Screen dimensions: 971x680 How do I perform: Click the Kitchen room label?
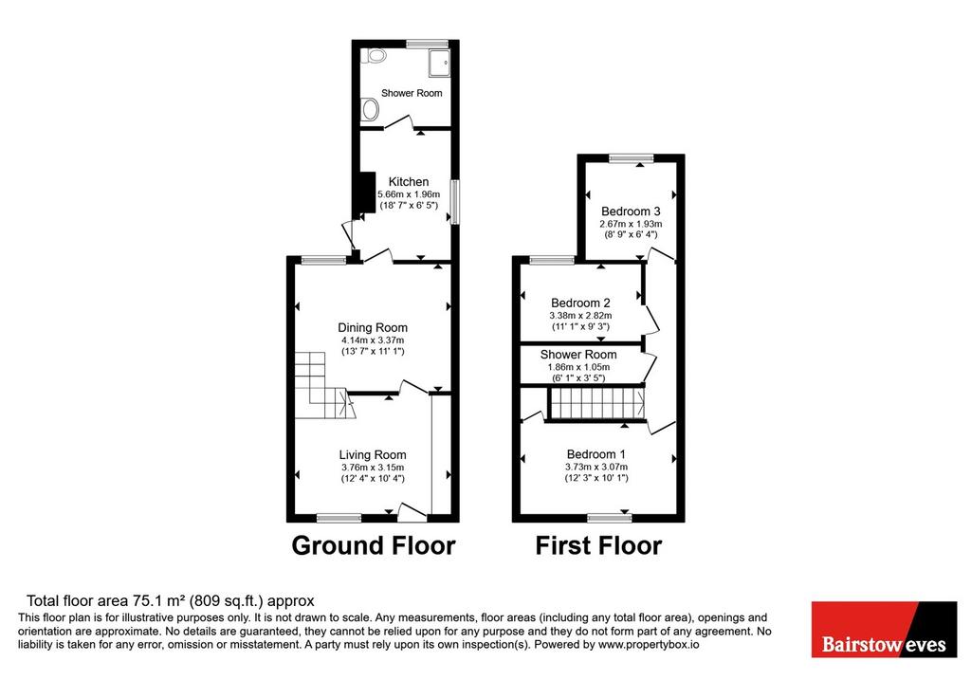pyautogui.click(x=408, y=181)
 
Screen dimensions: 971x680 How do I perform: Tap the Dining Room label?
pyautogui.click(x=373, y=327)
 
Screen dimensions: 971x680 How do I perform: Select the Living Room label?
pyautogui.click(x=373, y=454)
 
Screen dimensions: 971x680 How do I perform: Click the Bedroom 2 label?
pyautogui.click(x=580, y=303)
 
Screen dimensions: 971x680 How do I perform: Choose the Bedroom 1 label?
pyautogui.click(x=595, y=454)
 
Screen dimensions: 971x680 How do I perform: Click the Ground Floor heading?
pyautogui.click(x=374, y=545)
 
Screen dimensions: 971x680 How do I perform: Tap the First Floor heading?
pyautogui.click(x=599, y=545)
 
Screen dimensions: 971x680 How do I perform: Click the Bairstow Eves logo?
pyautogui.click(x=884, y=629)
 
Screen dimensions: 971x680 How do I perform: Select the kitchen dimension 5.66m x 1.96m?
pyautogui.click(x=409, y=193)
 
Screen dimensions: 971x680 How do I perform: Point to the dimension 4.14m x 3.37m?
pyautogui.click(x=373, y=340)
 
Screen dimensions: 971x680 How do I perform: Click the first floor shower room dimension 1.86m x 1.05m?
pyautogui.click(x=578, y=367)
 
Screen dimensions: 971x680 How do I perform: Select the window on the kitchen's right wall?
pyautogui.click(x=455, y=202)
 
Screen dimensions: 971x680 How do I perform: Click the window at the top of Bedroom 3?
pyautogui.click(x=631, y=157)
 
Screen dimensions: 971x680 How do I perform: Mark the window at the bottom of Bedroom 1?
pyautogui.click(x=610, y=517)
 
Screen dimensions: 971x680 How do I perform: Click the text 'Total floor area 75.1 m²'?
pyautogui.click(x=106, y=600)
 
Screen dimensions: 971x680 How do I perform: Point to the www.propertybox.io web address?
pyautogui.click(x=649, y=645)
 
